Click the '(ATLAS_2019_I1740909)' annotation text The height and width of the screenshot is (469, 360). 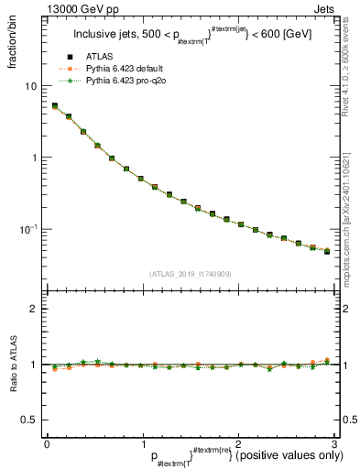tap(190, 274)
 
